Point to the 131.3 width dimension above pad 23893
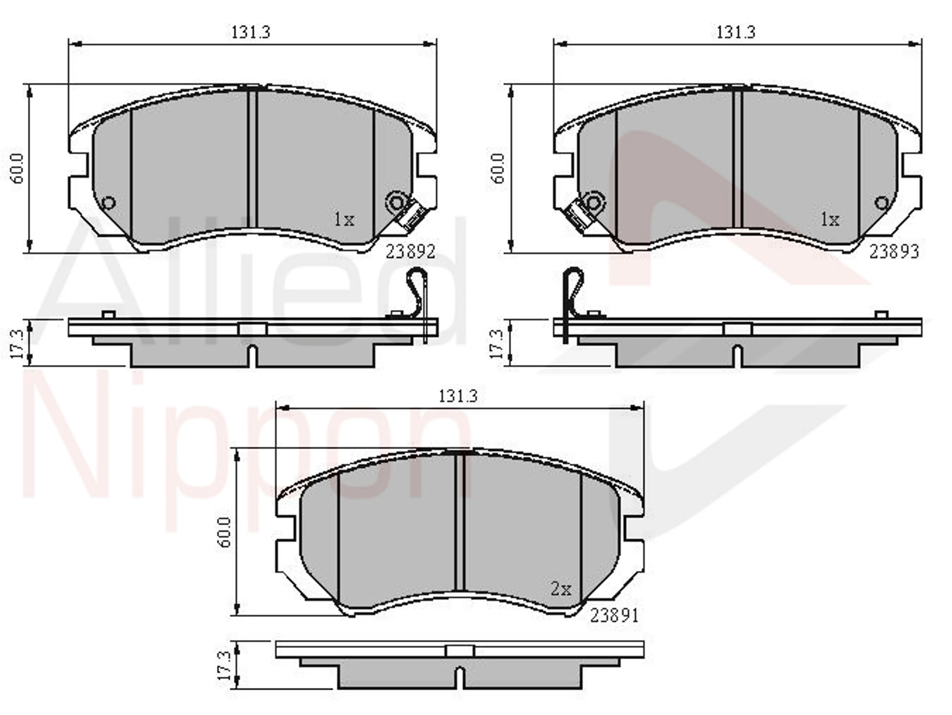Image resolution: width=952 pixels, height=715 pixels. pyautogui.click(x=736, y=32)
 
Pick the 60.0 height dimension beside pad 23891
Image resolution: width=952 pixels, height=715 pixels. pyautogui.click(x=225, y=532)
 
